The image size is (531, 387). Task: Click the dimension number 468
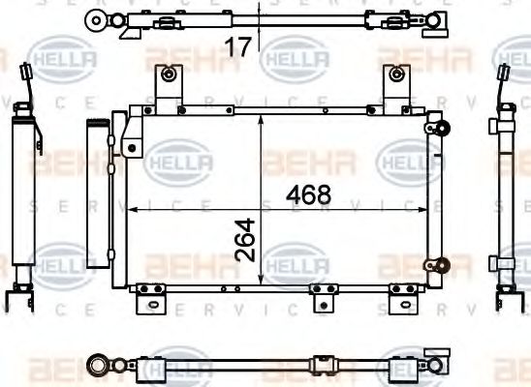pos(309,194)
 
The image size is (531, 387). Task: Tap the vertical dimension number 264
pos(248,240)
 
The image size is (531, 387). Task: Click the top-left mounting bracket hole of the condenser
pos(171,74)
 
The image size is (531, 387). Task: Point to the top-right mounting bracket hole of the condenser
pos(397,74)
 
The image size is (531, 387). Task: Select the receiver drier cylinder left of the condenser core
pos(97,184)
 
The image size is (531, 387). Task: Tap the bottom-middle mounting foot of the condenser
pos(321,296)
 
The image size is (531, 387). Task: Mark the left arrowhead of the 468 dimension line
pos(134,207)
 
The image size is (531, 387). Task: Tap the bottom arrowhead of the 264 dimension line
pos(263,283)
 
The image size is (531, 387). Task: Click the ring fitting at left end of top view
pos(95,18)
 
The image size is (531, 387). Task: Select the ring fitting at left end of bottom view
pos(97,365)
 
